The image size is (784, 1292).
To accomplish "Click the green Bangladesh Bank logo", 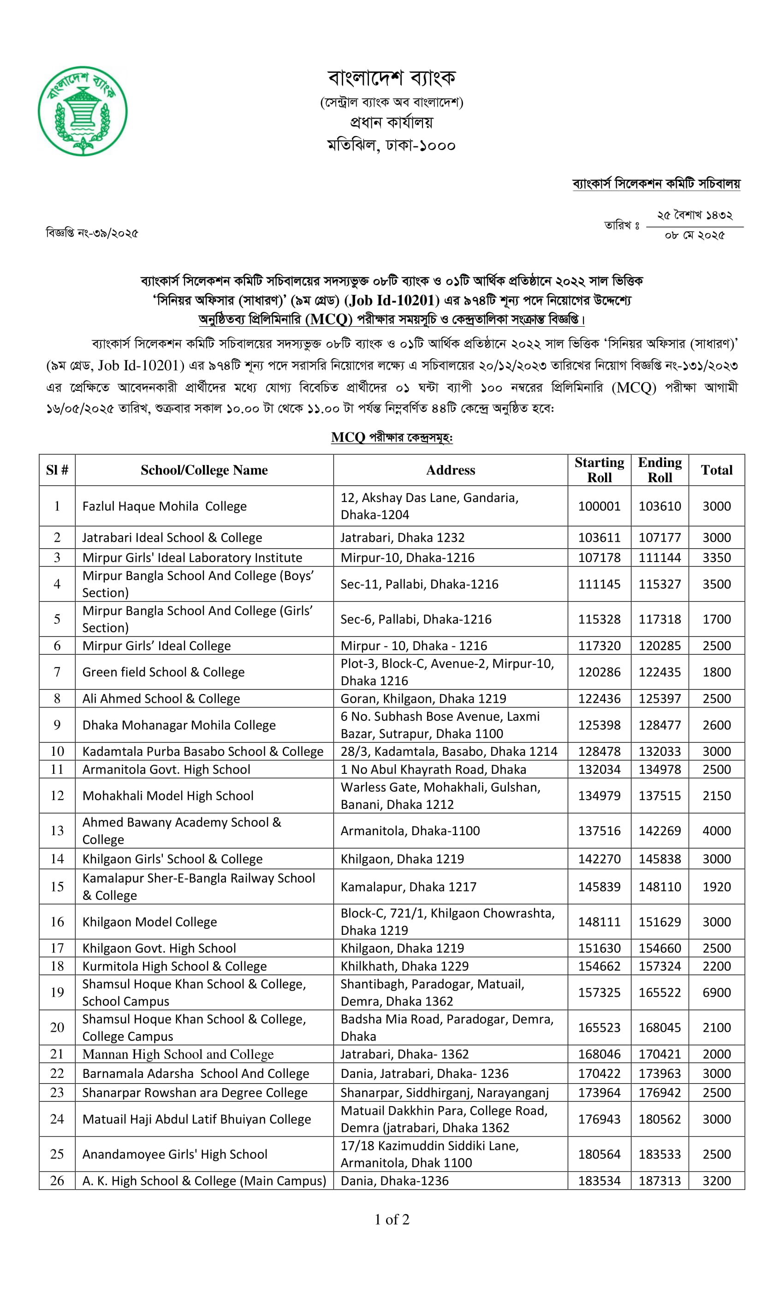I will [82, 111].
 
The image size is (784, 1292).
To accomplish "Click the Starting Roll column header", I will [599, 470].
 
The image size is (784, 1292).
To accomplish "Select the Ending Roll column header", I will [659, 470].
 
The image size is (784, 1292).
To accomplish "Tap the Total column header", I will [716, 470].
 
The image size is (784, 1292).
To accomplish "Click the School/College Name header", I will [204, 470].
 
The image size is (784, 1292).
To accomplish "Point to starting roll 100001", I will [599, 506].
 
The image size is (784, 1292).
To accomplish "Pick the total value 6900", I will [716, 992].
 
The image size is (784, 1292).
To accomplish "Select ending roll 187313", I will [659, 1180].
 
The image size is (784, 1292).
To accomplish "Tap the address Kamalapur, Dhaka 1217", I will [408, 887].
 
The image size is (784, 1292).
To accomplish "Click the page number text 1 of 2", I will [392, 1219].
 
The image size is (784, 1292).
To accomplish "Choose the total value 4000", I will [716, 831].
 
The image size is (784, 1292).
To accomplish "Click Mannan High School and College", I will [178, 1054].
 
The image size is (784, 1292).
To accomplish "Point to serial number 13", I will [57, 831].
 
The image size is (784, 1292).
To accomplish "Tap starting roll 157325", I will [599, 992].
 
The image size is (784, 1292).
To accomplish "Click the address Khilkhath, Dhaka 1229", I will [404, 966].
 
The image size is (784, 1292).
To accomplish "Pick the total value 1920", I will [716, 887].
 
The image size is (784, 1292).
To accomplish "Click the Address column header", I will [450, 470].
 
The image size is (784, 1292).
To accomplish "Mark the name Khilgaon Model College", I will [149, 922].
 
